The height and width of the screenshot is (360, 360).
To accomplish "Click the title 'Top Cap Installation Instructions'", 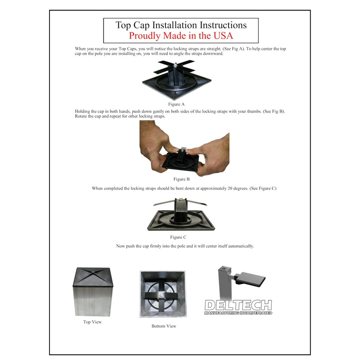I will (181, 25).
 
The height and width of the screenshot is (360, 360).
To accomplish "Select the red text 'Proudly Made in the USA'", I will (181, 36).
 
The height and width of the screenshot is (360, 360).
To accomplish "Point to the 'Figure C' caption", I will (178, 237).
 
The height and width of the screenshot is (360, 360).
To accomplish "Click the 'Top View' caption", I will (93, 322).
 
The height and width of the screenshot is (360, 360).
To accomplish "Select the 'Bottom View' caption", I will (164, 326).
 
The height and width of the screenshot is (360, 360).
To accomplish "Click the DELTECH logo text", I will (238, 305).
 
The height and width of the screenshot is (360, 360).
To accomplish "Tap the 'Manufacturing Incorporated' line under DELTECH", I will (238, 312).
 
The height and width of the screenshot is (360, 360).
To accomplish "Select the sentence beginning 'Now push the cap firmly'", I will (184, 246).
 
